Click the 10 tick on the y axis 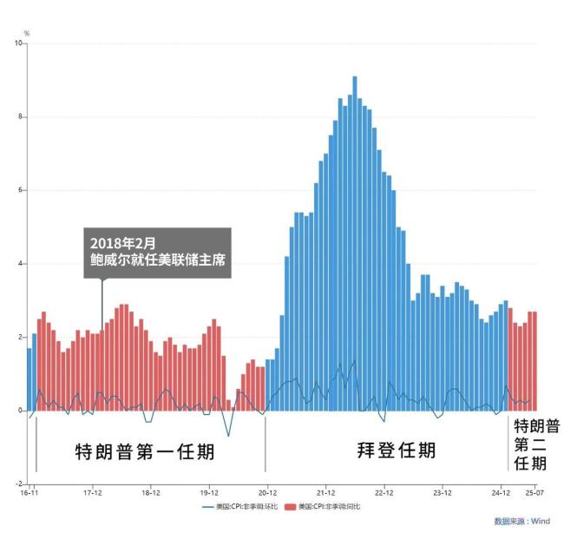tap(19, 43)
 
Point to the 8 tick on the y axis tap(21, 117)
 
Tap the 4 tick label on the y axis tap(21, 264)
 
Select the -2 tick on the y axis tap(19, 484)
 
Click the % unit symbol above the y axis tap(26, 33)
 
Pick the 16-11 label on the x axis tap(30, 491)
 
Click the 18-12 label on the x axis tap(150, 491)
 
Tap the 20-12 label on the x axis tap(266, 491)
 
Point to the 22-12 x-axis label tap(384, 491)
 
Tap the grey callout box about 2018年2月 tap(157, 253)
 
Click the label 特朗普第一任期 tap(144, 453)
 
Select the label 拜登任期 tap(397, 451)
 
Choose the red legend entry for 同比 tap(327, 505)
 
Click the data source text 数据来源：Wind tap(522, 522)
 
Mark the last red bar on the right tap(534, 360)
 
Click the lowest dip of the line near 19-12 tap(229, 436)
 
